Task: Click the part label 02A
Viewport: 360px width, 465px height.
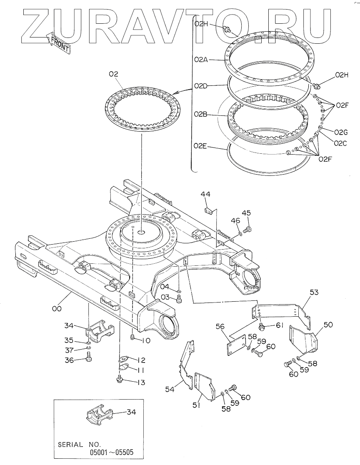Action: [x=201, y=60]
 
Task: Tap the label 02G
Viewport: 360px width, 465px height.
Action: [x=341, y=132]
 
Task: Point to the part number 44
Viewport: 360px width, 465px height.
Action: [x=205, y=194]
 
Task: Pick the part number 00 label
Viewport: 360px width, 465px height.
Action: [x=57, y=308]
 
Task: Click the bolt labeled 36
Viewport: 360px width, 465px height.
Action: [x=88, y=356]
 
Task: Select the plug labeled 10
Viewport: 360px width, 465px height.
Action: [x=133, y=337]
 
